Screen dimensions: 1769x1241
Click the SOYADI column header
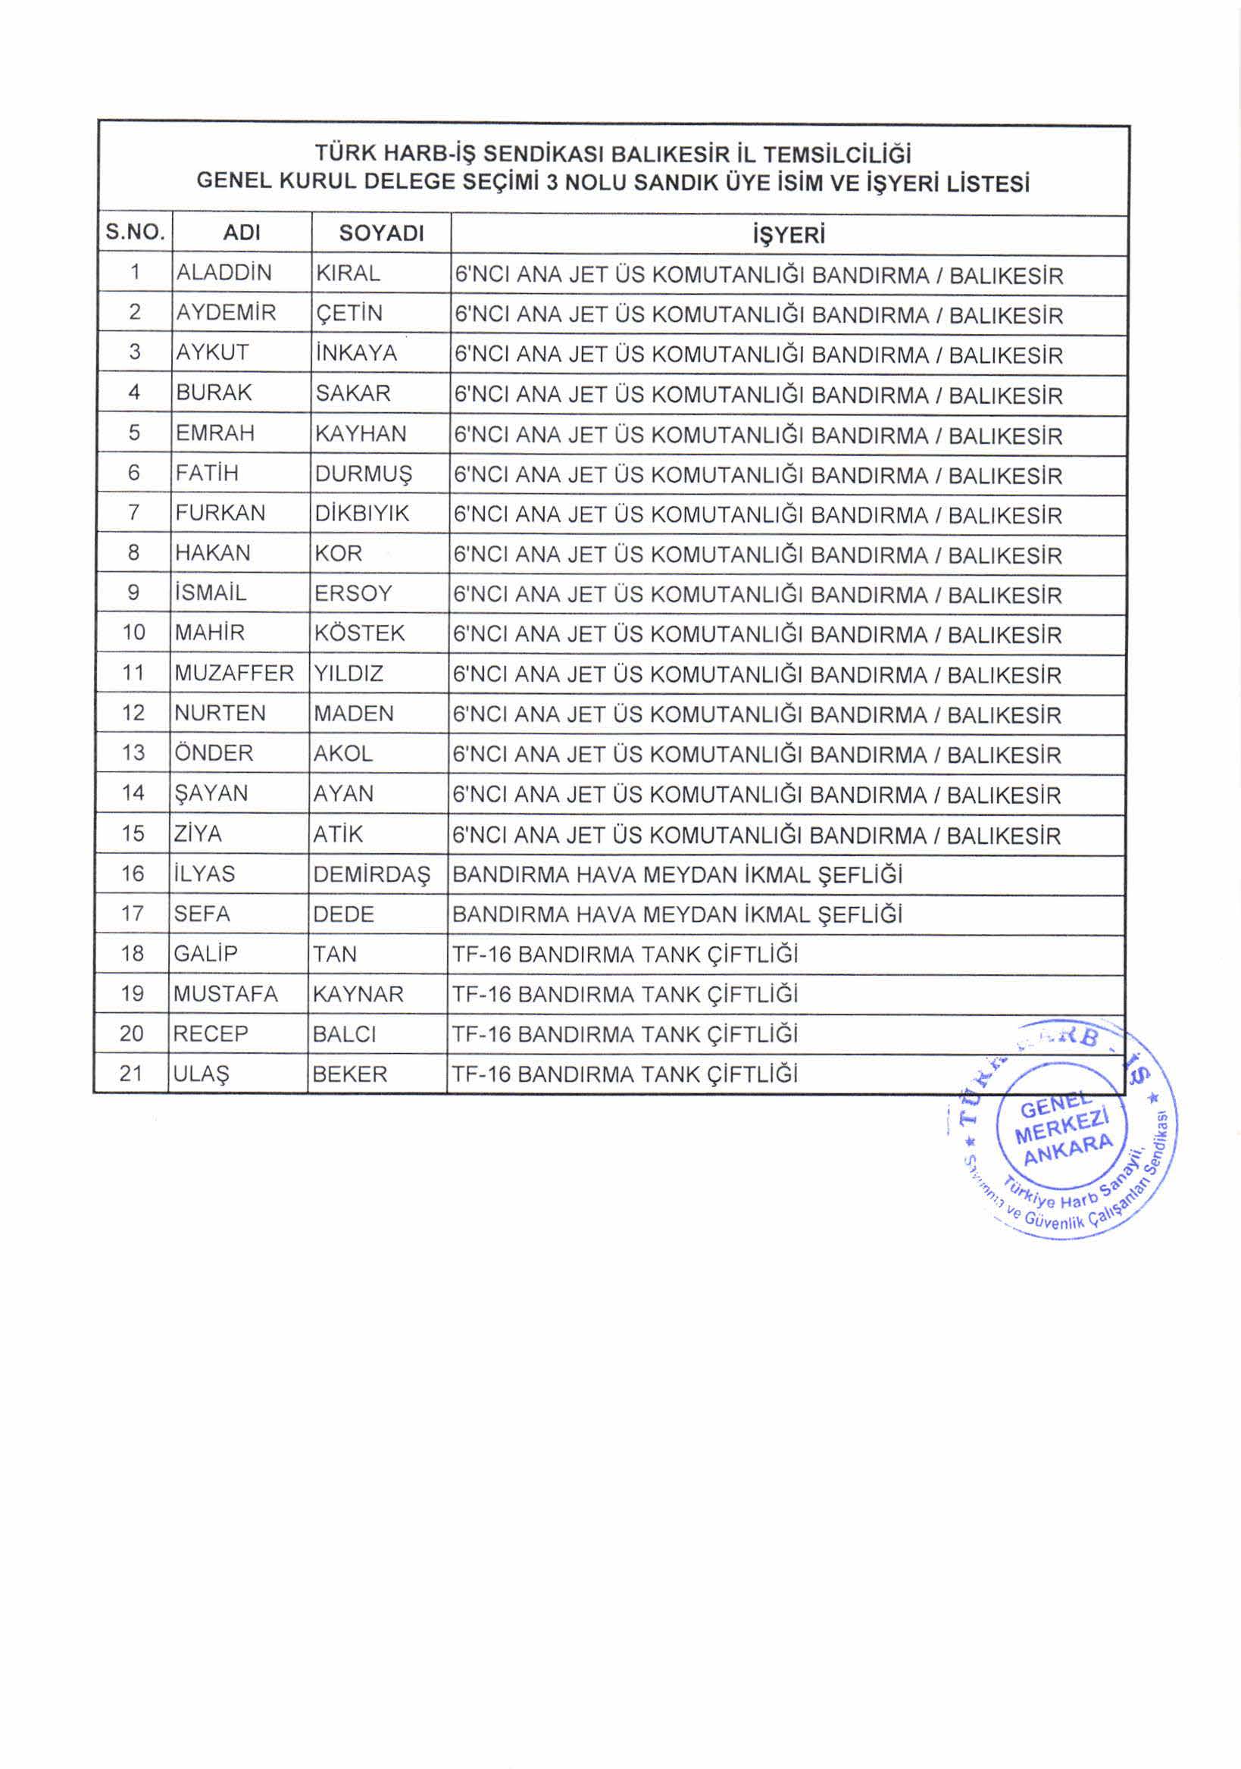pyautogui.click(x=381, y=233)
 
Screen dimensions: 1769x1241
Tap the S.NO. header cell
pyautogui.click(x=136, y=232)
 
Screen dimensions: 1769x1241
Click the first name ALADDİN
pyautogui.click(x=224, y=273)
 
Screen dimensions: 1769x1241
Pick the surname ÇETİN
pyautogui.click(x=349, y=314)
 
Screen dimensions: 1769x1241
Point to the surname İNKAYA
pyautogui.click(x=356, y=353)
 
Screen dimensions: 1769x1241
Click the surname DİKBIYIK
pyautogui.click(x=361, y=513)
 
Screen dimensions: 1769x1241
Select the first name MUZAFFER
pyautogui.click(x=234, y=674)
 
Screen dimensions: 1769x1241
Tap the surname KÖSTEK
pyautogui.click(x=358, y=633)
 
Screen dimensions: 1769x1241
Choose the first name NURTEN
pyautogui.click(x=220, y=714)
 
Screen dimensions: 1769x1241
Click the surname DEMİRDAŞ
pyautogui.click(x=372, y=874)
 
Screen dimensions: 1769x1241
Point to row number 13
pyautogui.click(x=133, y=753)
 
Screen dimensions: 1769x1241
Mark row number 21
pyautogui.click(x=132, y=1074)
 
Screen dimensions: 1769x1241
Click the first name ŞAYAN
pyautogui.click(x=211, y=793)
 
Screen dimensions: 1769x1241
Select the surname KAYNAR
pyautogui.click(x=358, y=994)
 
